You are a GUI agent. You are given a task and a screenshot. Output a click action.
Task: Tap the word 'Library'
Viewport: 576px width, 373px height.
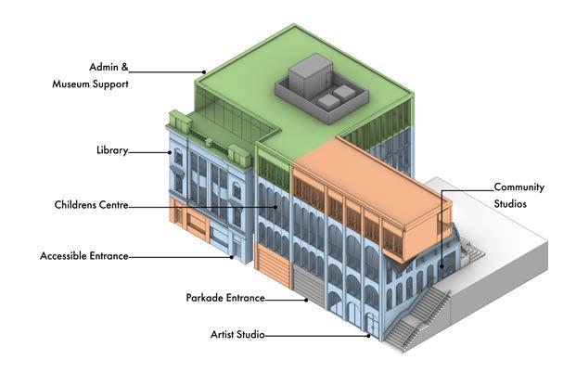[x=111, y=150]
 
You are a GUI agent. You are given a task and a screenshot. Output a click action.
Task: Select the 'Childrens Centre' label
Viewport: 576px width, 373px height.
[x=90, y=204]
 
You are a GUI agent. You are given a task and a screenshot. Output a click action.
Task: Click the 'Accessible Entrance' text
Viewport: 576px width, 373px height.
[x=84, y=255]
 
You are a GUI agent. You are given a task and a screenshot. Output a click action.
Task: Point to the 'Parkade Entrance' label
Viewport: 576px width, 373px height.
[x=225, y=298]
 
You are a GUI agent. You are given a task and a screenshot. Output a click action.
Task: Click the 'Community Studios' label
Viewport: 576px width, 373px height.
[x=518, y=194]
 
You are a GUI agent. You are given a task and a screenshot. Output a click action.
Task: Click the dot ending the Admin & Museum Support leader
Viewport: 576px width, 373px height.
[x=203, y=71]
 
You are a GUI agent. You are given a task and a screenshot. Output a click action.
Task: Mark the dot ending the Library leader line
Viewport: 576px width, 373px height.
[x=171, y=151]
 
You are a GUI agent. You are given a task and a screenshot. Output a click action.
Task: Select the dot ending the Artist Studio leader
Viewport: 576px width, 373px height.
[x=370, y=335]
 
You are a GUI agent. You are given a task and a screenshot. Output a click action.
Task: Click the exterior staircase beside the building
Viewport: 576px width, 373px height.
[x=417, y=320]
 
